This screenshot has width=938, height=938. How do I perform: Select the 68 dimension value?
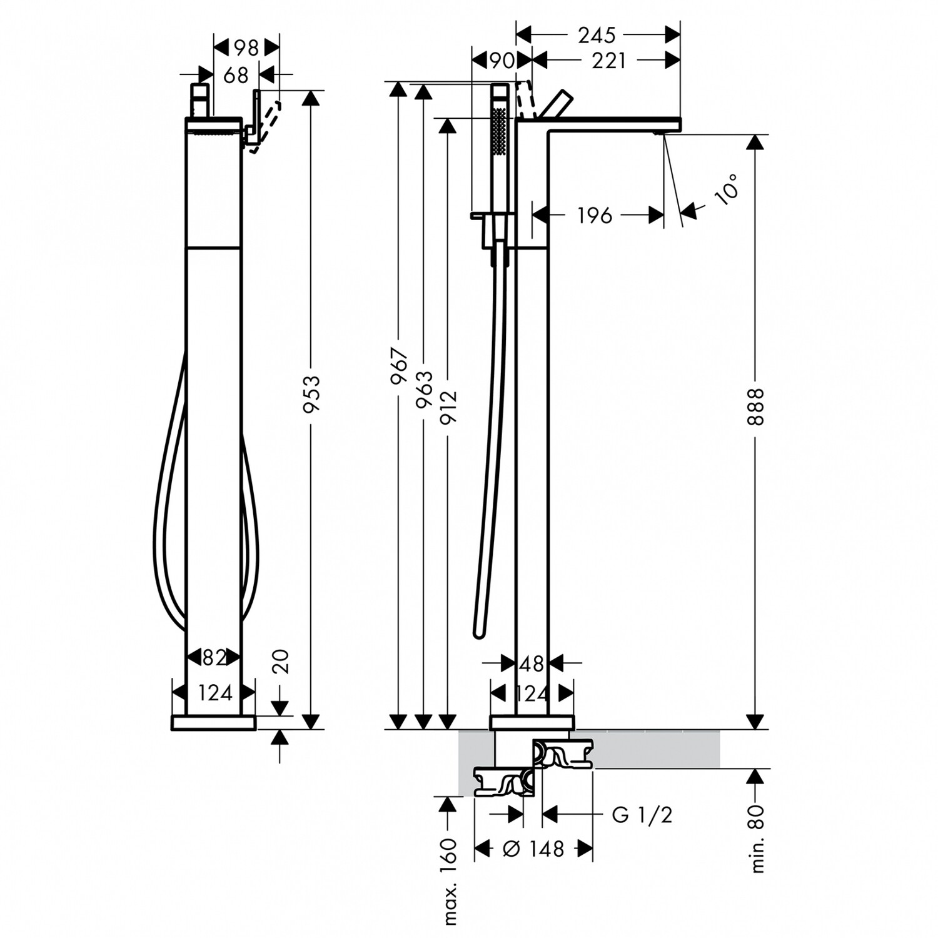[236, 75]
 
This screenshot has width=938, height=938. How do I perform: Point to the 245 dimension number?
[597, 35]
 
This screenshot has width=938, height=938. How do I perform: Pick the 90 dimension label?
[502, 61]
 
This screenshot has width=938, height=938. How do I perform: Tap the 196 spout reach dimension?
[594, 216]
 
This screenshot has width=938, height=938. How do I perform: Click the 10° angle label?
[727, 189]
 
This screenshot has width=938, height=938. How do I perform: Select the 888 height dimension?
[756, 406]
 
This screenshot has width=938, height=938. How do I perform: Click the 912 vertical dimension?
[448, 406]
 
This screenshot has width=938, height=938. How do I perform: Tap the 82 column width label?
[214, 657]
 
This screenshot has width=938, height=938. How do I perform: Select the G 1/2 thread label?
[642, 815]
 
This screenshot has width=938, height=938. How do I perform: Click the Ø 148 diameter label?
[534, 849]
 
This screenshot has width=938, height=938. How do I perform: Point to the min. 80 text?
[757, 839]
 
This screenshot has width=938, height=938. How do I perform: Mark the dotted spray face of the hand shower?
[500, 130]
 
